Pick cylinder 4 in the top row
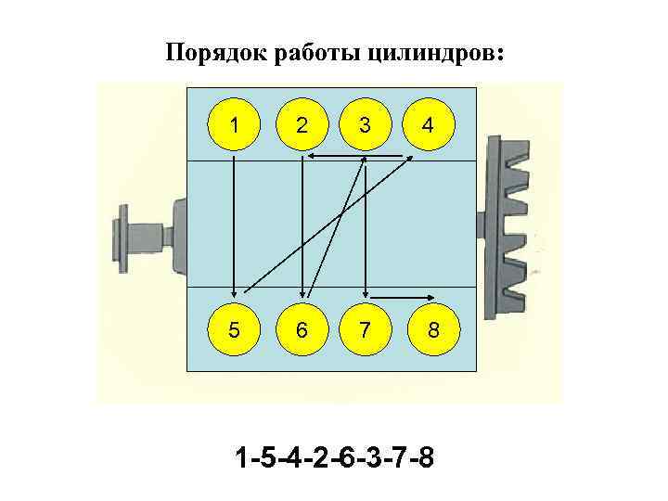click(x=426, y=125)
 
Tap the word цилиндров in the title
click(x=437, y=52)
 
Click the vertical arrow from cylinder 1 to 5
click(x=233, y=223)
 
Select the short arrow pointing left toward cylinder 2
click(x=334, y=156)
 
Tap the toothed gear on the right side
click(x=514, y=224)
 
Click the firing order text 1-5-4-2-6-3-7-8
click(x=333, y=458)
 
